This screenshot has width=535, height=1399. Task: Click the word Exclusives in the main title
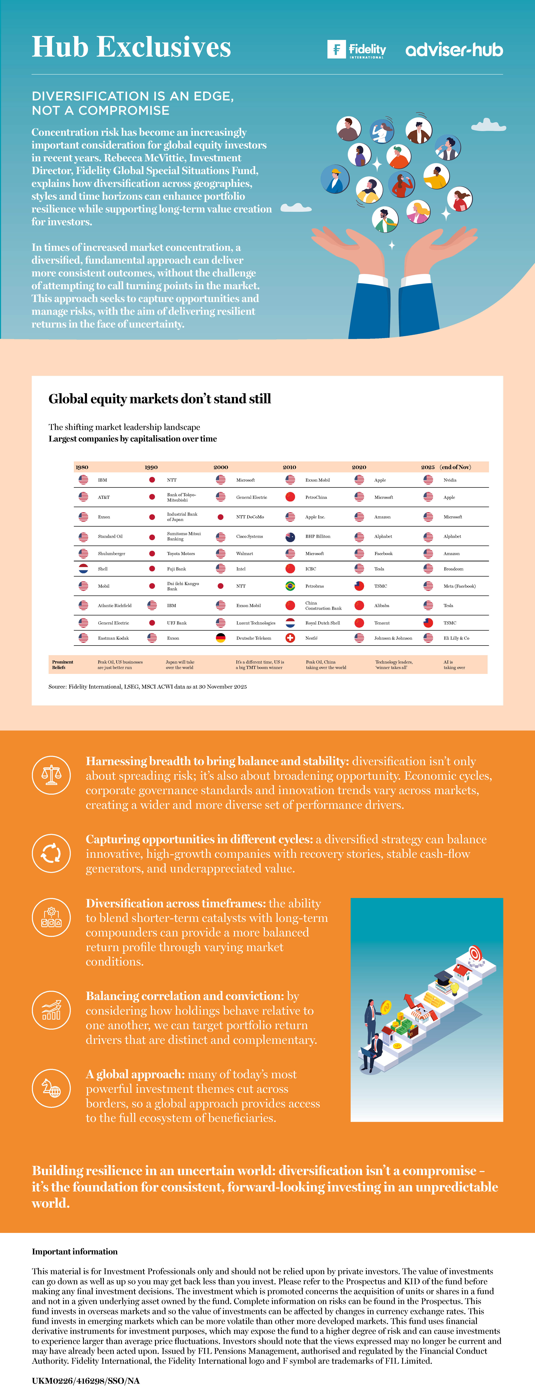[164, 47]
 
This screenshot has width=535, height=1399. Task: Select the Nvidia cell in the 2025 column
[450, 480]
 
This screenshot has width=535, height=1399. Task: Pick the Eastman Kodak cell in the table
[113, 638]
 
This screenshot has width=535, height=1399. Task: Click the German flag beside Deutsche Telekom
[221, 638]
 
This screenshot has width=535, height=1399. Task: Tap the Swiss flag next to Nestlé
[290, 638]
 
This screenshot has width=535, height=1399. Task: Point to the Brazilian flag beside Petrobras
[290, 586]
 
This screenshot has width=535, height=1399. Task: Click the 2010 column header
[289, 467]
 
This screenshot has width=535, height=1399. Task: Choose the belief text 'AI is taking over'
[454, 665]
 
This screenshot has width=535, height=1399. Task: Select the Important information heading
[74, 1251]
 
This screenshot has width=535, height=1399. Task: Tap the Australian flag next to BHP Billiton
[290, 537]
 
